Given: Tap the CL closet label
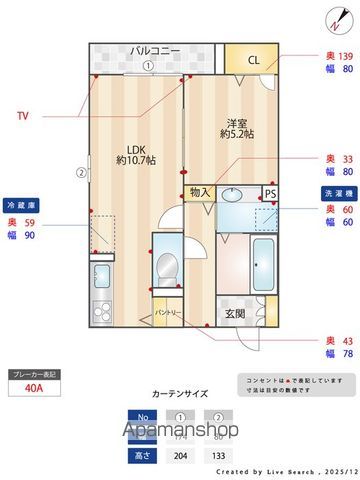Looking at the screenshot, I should (254, 60).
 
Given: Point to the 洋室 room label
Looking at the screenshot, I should (236, 128).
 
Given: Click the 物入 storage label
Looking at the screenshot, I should (200, 193).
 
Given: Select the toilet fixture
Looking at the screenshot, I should (166, 267).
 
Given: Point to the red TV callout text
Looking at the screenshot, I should (22, 116).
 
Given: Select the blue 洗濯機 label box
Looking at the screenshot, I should (335, 191).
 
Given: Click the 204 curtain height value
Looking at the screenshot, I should (181, 454).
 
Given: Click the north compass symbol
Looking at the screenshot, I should (332, 17).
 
